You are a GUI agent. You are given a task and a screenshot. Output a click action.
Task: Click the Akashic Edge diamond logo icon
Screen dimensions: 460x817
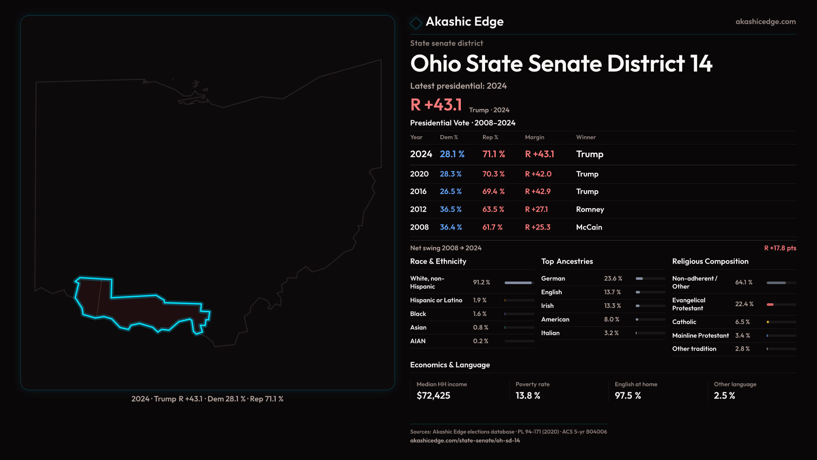pyautogui.click(x=416, y=23)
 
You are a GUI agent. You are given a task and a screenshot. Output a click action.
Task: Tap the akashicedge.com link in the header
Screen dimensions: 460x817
pyautogui.click(x=766, y=21)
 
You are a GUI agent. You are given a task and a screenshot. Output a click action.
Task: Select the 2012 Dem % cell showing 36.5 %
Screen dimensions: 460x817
pyautogui.click(x=451, y=209)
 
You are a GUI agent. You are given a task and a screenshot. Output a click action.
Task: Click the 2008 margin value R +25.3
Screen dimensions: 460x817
pyautogui.click(x=537, y=227)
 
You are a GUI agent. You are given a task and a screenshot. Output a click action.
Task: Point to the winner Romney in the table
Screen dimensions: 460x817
pyautogui.click(x=590, y=209)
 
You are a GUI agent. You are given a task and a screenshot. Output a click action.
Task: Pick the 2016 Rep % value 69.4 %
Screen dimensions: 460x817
pyautogui.click(x=493, y=191)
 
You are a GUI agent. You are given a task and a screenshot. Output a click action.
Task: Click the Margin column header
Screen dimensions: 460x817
pyautogui.click(x=534, y=137)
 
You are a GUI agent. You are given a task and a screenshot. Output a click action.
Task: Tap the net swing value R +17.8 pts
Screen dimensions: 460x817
pyautogui.click(x=780, y=248)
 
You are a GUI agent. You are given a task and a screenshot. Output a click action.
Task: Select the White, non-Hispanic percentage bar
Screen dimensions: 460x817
pyautogui.click(x=518, y=282)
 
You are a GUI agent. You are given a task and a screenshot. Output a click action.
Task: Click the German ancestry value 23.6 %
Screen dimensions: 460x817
pyautogui.click(x=613, y=278)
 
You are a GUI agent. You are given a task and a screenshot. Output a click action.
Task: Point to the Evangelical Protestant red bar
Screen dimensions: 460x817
pyautogui.click(x=770, y=304)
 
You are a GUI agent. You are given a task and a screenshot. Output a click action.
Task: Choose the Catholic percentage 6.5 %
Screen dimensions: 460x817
pyautogui.click(x=742, y=322)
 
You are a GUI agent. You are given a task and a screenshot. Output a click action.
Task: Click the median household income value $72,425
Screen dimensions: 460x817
pyautogui.click(x=433, y=395)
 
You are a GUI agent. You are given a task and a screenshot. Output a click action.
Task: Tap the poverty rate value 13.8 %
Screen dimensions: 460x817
pyautogui.click(x=528, y=395)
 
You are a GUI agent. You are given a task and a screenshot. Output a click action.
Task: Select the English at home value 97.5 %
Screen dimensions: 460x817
pyautogui.click(x=628, y=395)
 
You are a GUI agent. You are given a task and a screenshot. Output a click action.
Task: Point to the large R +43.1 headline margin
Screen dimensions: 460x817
pyautogui.click(x=436, y=104)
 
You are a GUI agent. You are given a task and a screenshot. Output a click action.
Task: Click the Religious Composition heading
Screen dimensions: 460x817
pyautogui.click(x=710, y=261)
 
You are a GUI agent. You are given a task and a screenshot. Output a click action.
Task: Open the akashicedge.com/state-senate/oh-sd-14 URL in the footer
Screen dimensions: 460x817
pyautogui.click(x=465, y=440)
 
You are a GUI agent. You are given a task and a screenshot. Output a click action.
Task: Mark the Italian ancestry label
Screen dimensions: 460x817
pyautogui.click(x=550, y=333)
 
